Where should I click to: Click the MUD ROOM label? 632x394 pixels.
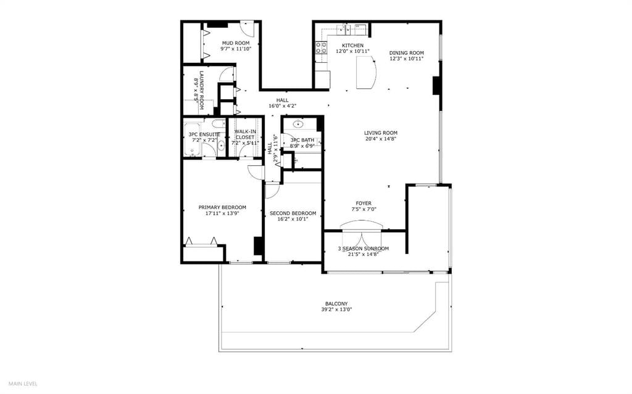tap(236, 43)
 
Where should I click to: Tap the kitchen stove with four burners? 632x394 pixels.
tap(321, 48)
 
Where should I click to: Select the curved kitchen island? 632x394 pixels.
tap(366, 72)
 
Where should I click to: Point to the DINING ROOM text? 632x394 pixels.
tap(406, 53)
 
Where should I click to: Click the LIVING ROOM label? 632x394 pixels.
tap(380, 133)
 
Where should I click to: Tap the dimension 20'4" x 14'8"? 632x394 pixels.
tap(380, 139)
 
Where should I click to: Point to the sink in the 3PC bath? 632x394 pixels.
tap(299, 123)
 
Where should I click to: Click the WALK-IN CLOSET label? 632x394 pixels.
tap(245, 134)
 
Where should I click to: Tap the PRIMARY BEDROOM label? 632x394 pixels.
tap(222, 207)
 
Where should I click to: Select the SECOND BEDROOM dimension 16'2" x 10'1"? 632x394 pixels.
tap(293, 219)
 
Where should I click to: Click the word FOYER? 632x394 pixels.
tap(364, 203)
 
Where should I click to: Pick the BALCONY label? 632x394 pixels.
tap(336, 304)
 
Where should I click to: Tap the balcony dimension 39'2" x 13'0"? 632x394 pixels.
tap(336, 310)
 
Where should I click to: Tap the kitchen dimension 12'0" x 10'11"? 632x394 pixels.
tap(352, 51)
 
